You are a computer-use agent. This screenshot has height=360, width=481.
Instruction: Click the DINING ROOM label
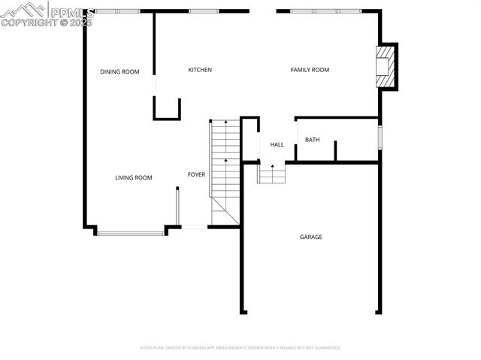click(x=120, y=72)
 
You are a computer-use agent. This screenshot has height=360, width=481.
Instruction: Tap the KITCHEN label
click(x=200, y=70)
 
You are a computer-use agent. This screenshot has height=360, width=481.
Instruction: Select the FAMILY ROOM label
click(x=310, y=70)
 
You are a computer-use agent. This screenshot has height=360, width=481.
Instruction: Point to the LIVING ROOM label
click(x=133, y=178)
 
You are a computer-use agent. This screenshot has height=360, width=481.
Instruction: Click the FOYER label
click(x=196, y=175)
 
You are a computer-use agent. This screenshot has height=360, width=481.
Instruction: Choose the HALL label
click(x=277, y=144)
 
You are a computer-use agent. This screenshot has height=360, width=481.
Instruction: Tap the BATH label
click(x=312, y=140)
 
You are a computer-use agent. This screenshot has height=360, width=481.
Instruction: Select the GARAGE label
click(x=311, y=237)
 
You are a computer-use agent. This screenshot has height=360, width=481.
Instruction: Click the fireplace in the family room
click(x=386, y=67)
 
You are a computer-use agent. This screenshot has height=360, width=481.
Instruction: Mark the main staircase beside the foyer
click(x=224, y=169)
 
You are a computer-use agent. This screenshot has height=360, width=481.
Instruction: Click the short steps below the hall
click(x=272, y=174)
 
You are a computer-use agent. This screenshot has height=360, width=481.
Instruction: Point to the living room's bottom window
click(x=132, y=233)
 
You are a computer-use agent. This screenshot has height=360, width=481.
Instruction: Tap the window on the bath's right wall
click(x=380, y=138)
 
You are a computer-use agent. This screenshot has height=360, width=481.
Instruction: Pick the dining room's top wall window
click(x=117, y=11)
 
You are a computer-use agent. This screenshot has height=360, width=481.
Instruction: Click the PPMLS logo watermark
click(x=47, y=14)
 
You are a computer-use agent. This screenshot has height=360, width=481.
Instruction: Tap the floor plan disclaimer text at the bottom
click(x=240, y=348)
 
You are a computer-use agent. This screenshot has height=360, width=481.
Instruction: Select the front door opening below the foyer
click(x=194, y=226)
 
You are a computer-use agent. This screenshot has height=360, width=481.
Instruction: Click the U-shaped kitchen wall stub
click(x=167, y=110)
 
